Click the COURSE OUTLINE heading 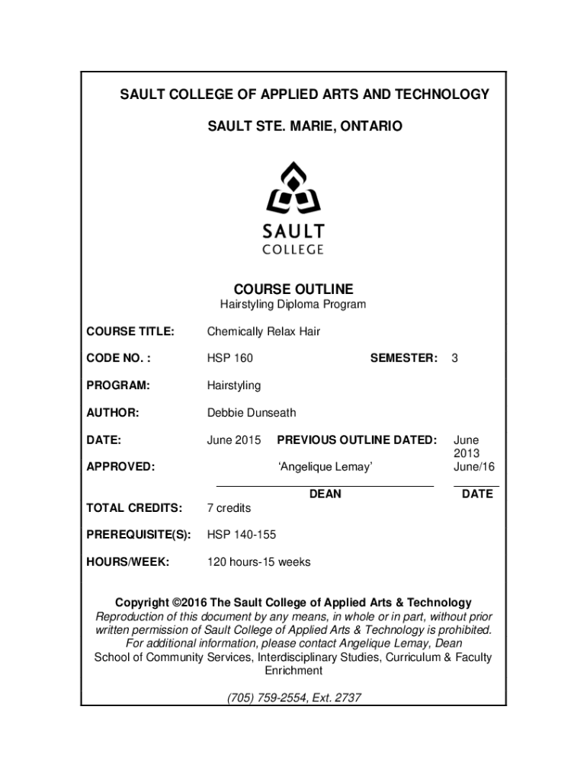293,289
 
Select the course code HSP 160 230,358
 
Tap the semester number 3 454,358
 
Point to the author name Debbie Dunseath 252,413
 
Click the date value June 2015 234,440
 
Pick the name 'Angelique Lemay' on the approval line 325,466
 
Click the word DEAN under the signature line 326,494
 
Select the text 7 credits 229,508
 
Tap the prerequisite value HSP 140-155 242,535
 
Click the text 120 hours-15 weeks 259,563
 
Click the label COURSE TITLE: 130,331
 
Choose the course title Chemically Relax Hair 264,331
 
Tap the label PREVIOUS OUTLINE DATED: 357,440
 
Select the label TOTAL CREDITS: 134,508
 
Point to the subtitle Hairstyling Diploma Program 293,305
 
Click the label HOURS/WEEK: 127,563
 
